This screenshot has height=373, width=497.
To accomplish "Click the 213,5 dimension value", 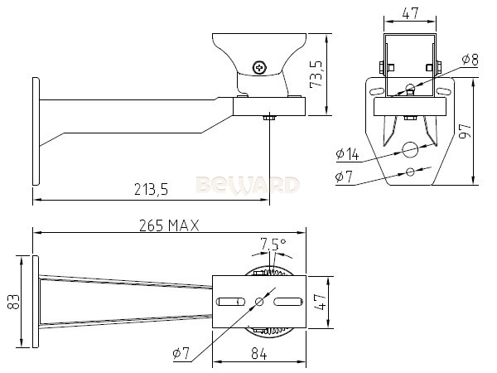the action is point(151,189).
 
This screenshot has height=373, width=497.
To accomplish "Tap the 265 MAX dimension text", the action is point(169,225).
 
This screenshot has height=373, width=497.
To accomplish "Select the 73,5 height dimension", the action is point(316,75).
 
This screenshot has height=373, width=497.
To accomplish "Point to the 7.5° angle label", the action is point(273,244).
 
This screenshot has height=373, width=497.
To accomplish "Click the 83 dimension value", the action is point(13,302).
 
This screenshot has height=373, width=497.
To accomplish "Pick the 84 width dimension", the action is point(259,353).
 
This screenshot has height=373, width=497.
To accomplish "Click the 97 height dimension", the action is point(466,131).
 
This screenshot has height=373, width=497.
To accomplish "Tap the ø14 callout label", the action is point(347,154).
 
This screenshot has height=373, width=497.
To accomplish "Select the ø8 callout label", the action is point(470,60).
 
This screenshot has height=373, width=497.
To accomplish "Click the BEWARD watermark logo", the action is point(248,185).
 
